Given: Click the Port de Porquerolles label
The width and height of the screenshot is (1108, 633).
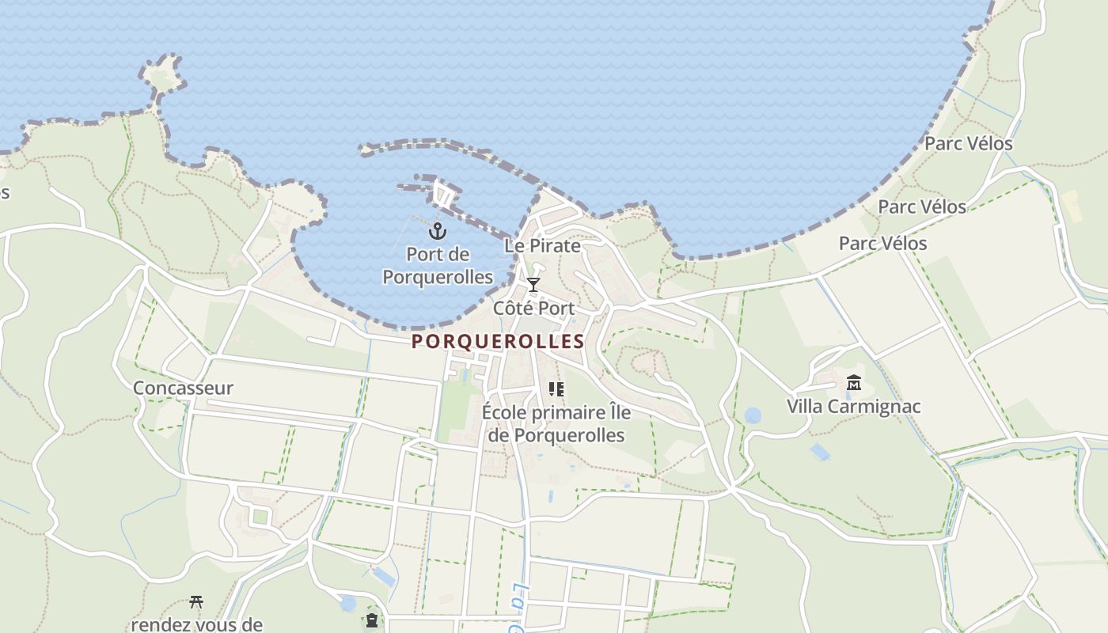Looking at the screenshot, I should click(438, 266).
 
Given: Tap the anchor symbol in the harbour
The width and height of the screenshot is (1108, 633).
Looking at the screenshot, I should click(438, 231).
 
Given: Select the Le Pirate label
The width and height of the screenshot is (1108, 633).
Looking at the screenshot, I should click(542, 245).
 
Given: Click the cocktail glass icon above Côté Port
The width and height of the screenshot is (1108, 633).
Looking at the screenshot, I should click(533, 285).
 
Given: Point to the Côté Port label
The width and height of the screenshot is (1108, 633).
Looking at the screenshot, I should click(533, 308).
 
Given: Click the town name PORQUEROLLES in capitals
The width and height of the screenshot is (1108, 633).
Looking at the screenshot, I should click(498, 342).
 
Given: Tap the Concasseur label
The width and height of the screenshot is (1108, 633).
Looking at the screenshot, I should click(183, 388).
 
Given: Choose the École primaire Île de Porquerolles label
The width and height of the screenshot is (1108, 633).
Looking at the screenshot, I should click(556, 424).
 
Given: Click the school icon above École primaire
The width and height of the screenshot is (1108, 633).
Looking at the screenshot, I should click(556, 389).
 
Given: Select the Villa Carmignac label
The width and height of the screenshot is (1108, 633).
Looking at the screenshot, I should click(854, 407).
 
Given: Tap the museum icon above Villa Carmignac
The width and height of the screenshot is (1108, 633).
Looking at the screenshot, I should click(854, 384).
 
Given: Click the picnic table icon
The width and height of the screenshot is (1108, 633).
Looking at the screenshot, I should click(196, 603).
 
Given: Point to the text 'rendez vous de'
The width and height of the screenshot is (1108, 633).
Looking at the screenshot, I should click(196, 624).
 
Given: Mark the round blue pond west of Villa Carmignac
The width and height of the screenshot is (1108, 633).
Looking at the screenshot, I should click(753, 415).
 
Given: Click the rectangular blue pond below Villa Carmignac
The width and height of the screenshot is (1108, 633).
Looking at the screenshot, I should click(820, 452).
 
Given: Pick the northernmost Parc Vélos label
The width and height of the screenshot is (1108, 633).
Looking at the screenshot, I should click(969, 144).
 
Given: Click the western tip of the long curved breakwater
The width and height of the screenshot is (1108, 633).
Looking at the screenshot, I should click(366, 148).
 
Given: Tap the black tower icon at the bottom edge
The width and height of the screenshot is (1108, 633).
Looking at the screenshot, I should click(372, 620).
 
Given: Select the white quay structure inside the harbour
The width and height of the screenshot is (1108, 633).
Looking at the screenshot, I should click(444, 193).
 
